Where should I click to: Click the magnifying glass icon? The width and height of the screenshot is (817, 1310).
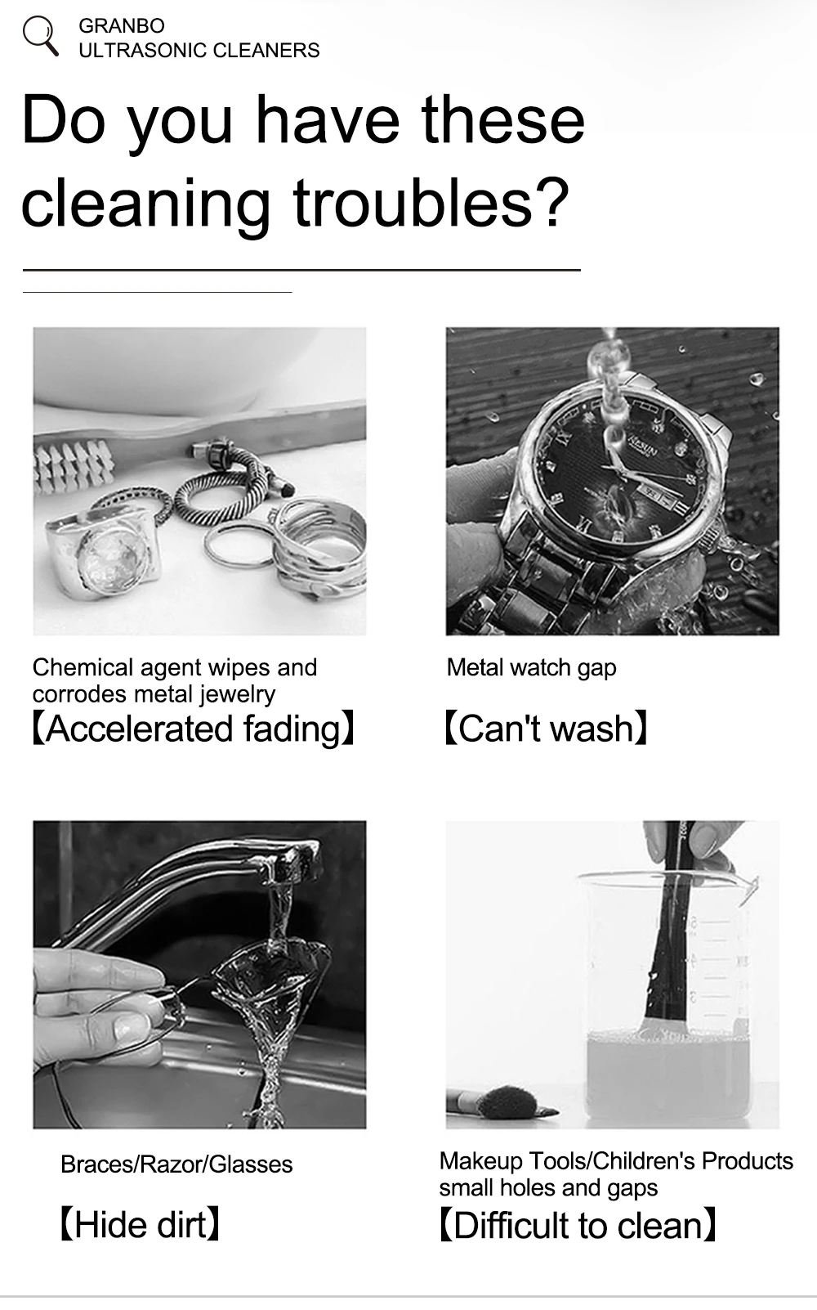coord(39,36)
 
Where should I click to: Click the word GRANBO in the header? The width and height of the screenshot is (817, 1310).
coord(121,26)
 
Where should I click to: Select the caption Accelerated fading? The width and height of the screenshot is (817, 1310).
coord(193,729)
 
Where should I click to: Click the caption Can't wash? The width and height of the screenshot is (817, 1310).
coord(546,729)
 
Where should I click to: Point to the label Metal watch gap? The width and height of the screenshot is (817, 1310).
coord(531,668)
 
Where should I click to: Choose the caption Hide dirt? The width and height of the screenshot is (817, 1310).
coord(140,1225)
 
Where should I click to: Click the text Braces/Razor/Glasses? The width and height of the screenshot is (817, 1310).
coord(176,1164)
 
